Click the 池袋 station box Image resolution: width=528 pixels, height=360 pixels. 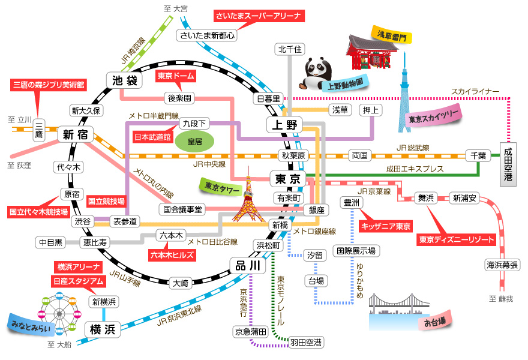click(x=122, y=80)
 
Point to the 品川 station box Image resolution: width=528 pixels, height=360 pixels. click(x=247, y=265)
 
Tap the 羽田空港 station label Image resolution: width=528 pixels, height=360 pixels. click(x=306, y=343)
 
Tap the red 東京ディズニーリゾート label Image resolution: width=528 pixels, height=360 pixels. click(x=457, y=239)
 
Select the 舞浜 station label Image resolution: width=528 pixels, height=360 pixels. click(x=426, y=197)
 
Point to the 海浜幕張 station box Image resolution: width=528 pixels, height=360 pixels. click(x=502, y=265)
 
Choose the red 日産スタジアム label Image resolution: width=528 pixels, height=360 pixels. click(x=76, y=280)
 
